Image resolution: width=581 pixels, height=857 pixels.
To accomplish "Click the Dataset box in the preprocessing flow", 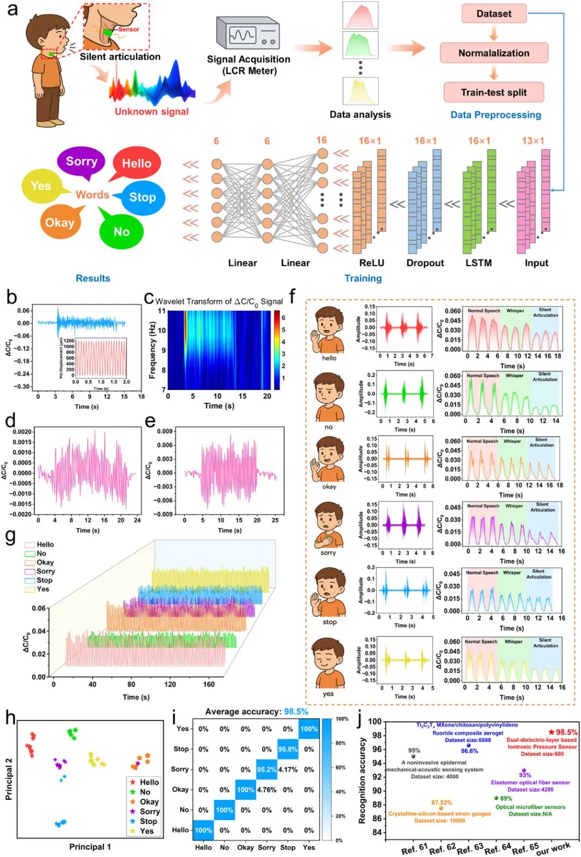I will (x=493, y=14).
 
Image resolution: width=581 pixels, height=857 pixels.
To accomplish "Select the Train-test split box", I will (x=493, y=93).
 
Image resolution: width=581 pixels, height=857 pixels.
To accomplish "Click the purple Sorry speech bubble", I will (x=82, y=161).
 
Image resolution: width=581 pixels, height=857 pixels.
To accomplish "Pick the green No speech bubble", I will (x=122, y=231).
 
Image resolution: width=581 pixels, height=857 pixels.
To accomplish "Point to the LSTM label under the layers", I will (x=478, y=263).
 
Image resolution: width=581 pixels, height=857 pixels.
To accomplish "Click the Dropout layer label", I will (x=425, y=263).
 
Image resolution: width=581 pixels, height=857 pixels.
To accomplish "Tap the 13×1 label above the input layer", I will (x=533, y=141).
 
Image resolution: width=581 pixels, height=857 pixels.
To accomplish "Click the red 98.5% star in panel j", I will (x=551, y=732).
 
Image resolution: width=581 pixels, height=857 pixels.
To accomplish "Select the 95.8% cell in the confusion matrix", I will (x=288, y=749).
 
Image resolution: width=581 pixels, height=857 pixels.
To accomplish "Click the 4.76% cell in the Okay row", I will (x=266, y=790).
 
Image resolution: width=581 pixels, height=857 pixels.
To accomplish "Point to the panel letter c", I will (x=149, y=299).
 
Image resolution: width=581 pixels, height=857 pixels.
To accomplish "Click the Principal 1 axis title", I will (x=90, y=847).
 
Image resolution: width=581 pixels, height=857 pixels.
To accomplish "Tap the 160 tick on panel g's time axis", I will (x=209, y=685).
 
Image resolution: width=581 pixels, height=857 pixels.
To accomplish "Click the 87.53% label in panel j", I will (x=441, y=803).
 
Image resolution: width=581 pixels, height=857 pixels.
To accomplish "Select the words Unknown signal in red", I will (x=152, y=112).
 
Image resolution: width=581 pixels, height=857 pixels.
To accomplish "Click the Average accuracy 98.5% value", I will (x=296, y=712).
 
